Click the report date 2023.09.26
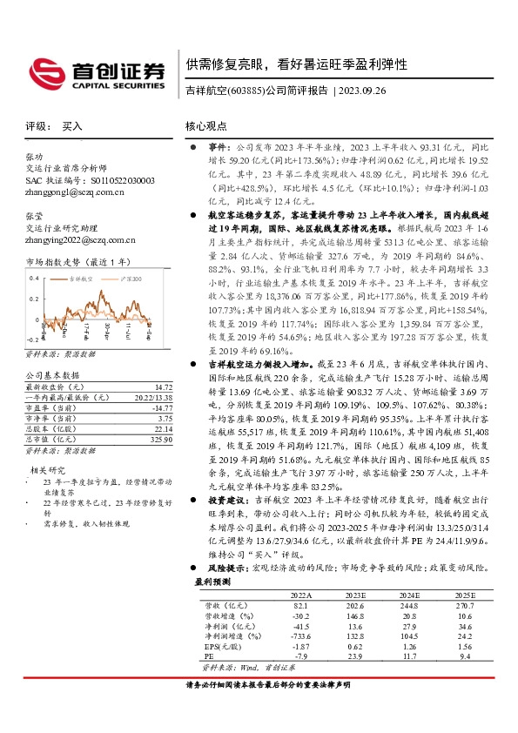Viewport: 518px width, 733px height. pos(368,90)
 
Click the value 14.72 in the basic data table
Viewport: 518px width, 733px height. pos(163,386)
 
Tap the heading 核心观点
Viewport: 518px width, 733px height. pos(206,126)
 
